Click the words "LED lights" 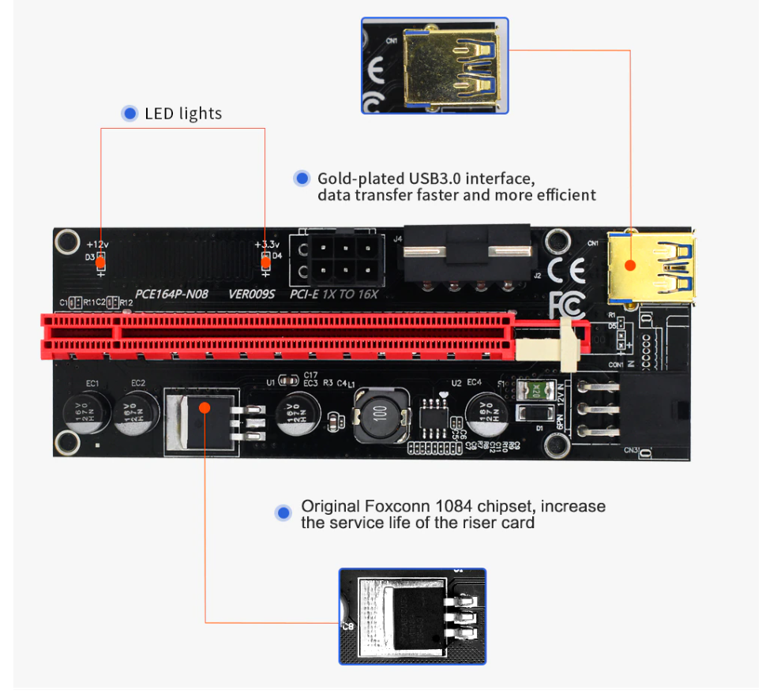coord(183,114)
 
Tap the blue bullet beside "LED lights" coord(130,114)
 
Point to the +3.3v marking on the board coord(267,245)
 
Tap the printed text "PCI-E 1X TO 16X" coord(334,294)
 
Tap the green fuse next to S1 coord(537,389)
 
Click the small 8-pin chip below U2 coord(433,414)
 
